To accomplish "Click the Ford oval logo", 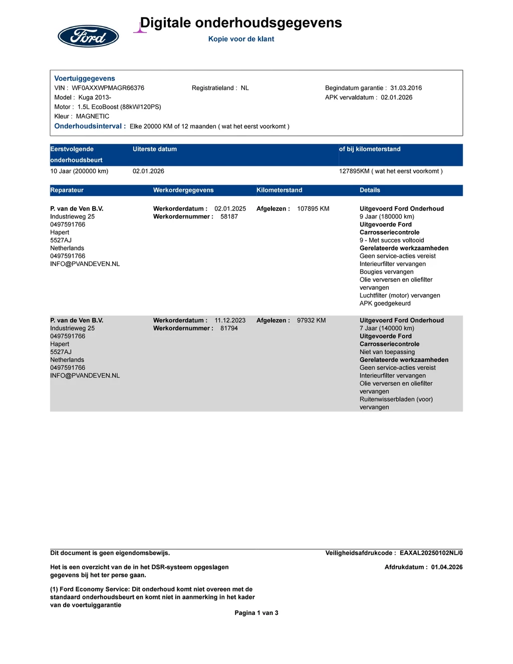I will coord(88,36).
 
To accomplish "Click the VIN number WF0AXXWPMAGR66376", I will coord(108,88).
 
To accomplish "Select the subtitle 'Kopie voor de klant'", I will coord(241,39).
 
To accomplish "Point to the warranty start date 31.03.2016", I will coord(406,88).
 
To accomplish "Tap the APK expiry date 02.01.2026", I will coord(396,97).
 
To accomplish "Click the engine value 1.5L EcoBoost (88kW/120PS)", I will coord(119,107).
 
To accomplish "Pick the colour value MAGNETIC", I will coord(93,116).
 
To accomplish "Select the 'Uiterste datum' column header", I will coord(154,149).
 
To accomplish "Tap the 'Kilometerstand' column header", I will coord(279,190).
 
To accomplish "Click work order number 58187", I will coord(229,216).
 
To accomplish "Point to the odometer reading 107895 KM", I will coord(313,208).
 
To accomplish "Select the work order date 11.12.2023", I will coord(230,320).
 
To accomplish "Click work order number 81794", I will coord(229,328).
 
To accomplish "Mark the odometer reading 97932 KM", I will coord(311,320).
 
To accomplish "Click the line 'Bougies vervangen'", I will coord(386,272).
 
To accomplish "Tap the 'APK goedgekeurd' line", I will coord(385,303).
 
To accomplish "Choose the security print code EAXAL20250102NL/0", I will coord(431,553).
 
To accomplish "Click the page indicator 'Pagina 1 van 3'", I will coord(256,612).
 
